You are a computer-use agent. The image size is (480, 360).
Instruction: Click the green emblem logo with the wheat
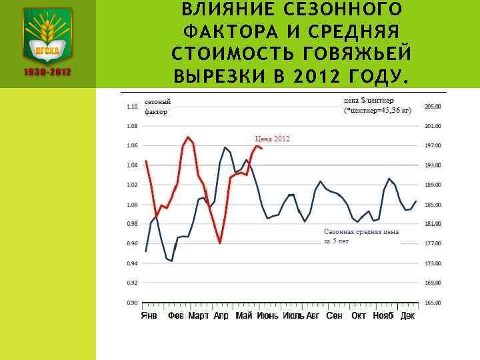tap(47, 34)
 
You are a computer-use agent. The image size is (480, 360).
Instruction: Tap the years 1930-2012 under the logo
tap(47, 72)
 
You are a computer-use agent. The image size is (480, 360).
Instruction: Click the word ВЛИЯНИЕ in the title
tap(219, 9)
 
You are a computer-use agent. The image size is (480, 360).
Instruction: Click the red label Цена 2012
tap(272, 139)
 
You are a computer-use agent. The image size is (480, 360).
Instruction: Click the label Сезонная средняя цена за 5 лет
tap(361, 236)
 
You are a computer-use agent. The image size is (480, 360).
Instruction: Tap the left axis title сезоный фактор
tap(158, 107)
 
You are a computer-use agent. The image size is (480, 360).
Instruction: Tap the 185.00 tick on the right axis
tap(433, 205)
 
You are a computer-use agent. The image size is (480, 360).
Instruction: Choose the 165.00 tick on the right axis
tap(433, 303)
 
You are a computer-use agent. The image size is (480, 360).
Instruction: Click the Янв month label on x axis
tap(149, 315)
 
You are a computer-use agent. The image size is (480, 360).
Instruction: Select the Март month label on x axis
tap(199, 315)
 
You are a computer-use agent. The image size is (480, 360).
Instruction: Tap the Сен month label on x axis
tap(334, 315)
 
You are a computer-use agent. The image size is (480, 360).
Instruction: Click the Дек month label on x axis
tap(407, 315)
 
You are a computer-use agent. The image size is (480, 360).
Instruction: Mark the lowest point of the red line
tap(220, 243)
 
